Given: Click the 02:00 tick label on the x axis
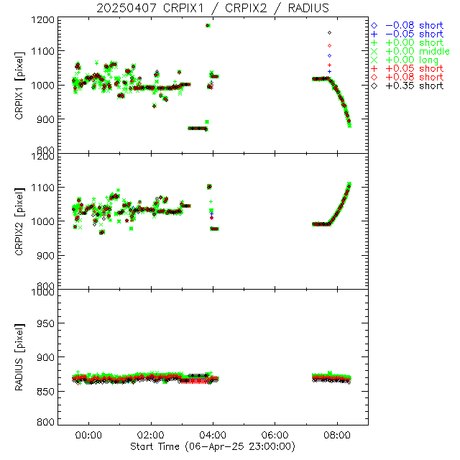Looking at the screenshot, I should (x=151, y=436).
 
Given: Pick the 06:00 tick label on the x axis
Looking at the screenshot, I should (x=275, y=436).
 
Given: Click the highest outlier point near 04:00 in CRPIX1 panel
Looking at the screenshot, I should (x=208, y=26).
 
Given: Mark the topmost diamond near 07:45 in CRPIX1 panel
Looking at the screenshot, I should (x=329, y=32).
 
